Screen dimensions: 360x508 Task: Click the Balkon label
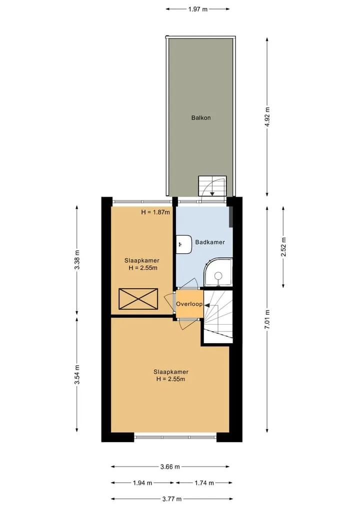click(201, 117)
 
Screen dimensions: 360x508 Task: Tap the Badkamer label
click(210, 242)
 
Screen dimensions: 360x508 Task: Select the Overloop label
click(189, 304)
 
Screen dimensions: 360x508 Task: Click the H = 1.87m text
click(155, 212)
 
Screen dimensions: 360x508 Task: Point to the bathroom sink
click(184, 244)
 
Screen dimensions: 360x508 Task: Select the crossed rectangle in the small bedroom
click(138, 299)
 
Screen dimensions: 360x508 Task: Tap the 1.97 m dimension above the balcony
click(197, 9)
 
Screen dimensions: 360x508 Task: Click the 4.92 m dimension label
click(267, 117)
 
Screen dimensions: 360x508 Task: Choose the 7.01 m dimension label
click(267, 320)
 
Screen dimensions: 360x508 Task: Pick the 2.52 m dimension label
click(283, 247)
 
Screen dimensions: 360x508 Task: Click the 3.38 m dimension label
click(77, 260)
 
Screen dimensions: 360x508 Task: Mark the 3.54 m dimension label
click(77, 375)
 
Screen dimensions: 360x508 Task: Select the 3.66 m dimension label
click(170, 467)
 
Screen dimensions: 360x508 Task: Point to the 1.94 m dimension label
click(142, 483)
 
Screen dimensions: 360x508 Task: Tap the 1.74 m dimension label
click(204, 483)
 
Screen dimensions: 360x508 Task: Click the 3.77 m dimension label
click(171, 499)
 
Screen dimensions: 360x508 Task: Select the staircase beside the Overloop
click(218, 317)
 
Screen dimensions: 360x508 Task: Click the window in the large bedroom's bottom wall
click(175, 437)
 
